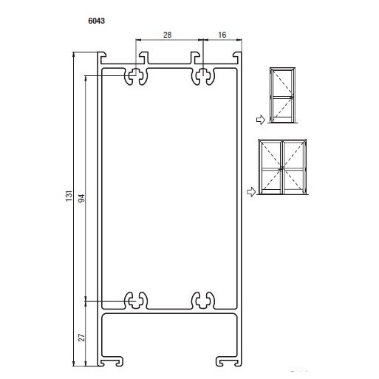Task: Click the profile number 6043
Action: (x=96, y=21)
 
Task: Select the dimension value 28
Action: (x=167, y=35)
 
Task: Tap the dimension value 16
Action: (x=222, y=35)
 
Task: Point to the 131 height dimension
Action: (x=69, y=196)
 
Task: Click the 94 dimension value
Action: (x=81, y=198)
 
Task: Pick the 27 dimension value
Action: (x=81, y=338)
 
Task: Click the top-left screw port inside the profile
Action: (x=136, y=76)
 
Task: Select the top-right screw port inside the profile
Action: (x=203, y=76)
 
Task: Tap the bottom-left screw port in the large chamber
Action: (x=136, y=300)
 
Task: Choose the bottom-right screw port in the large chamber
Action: (x=203, y=300)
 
